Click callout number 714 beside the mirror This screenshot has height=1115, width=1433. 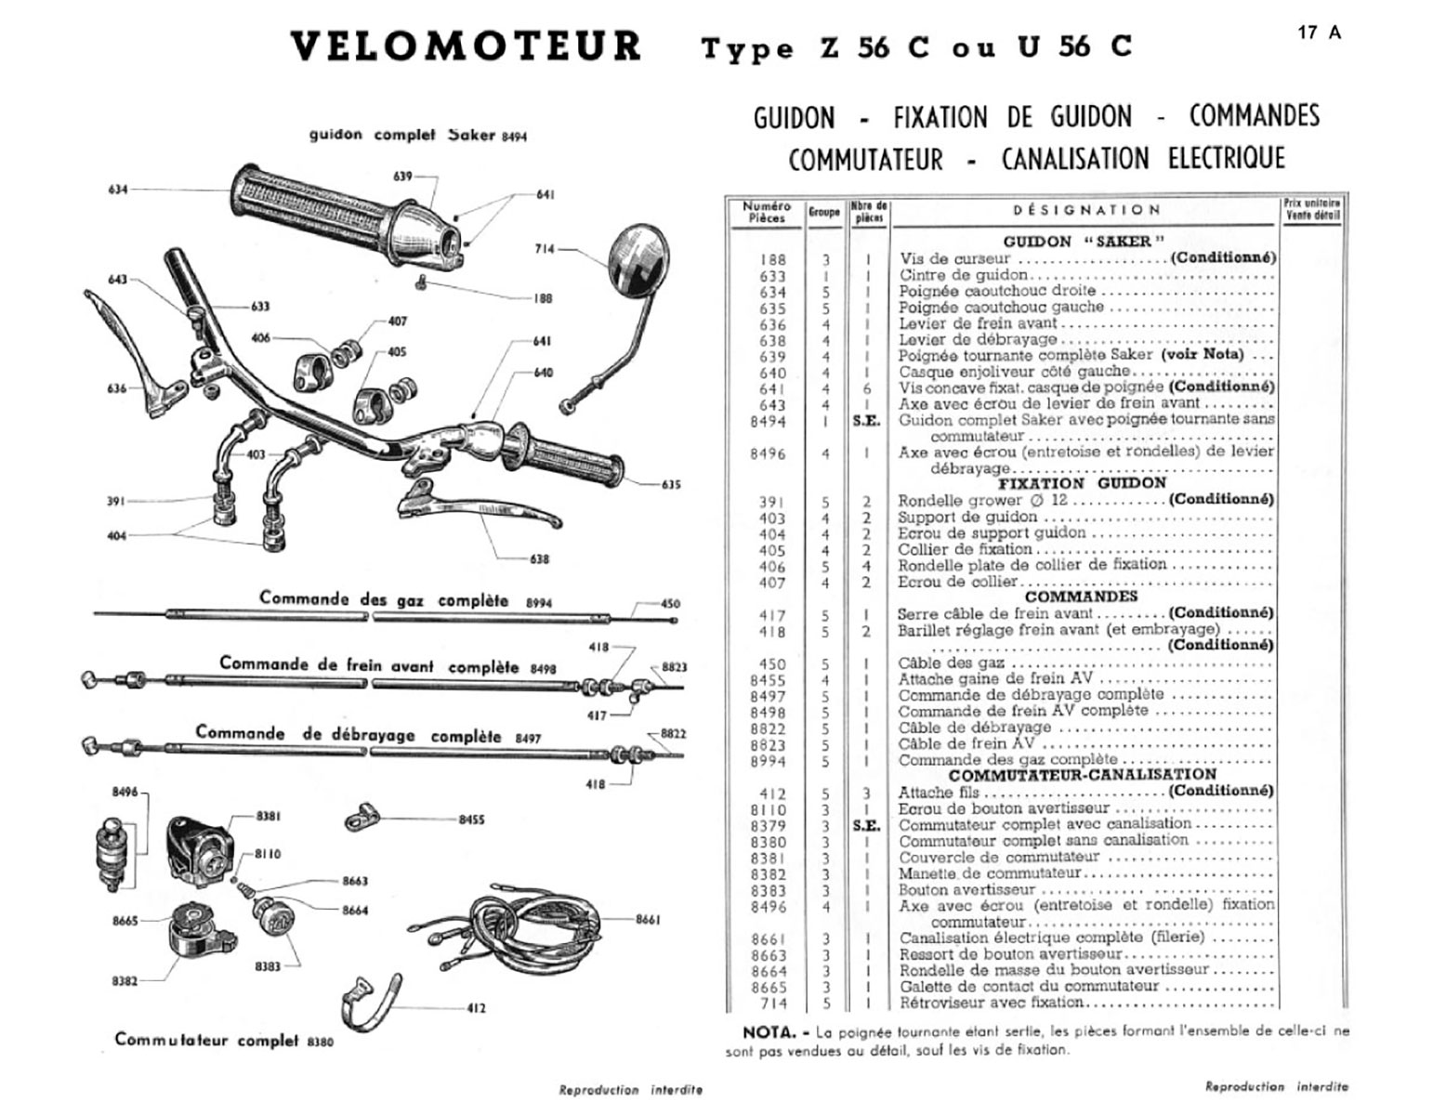pyautogui.click(x=545, y=249)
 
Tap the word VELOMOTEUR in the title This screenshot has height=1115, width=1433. pyautogui.click(x=466, y=46)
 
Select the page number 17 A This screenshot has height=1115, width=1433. pyautogui.click(x=1320, y=33)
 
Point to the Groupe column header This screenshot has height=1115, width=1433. pyautogui.click(x=823, y=212)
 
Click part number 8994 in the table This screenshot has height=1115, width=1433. pyautogui.click(x=769, y=762)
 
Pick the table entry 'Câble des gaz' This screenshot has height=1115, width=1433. pyautogui.click(x=951, y=663)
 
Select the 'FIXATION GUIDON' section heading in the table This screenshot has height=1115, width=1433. pyautogui.click(x=1082, y=483)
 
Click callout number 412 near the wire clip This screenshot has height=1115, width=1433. pyautogui.click(x=475, y=1007)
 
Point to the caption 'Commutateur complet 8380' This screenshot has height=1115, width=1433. pyautogui.click(x=223, y=1040)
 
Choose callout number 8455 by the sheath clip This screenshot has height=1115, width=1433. pyautogui.click(x=471, y=820)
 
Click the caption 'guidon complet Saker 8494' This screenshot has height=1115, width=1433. pyautogui.click(x=417, y=135)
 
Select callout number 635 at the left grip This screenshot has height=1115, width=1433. pyautogui.click(x=670, y=484)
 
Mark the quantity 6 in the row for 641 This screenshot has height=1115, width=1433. pyautogui.click(x=867, y=389)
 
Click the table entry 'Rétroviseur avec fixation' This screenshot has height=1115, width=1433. pyautogui.click(x=991, y=1003)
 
